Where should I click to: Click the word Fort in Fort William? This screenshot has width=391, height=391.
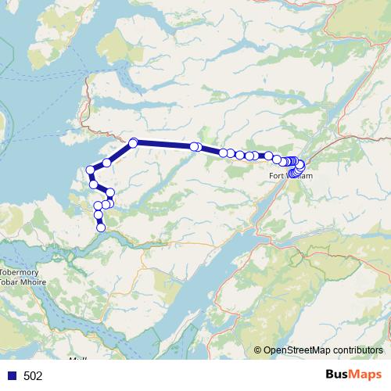[278, 176]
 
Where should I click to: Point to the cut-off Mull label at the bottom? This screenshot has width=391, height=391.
[77, 360]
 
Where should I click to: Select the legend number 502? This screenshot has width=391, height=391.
[33, 375]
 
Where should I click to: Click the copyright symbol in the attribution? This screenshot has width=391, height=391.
[258, 350]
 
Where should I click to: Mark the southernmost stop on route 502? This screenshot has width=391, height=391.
[101, 228]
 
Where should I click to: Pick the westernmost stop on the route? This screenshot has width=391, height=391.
[91, 170]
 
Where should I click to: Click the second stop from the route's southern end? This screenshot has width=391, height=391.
[99, 214]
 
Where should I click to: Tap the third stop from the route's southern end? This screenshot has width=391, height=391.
[98, 206]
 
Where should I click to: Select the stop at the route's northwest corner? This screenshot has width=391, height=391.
[134, 142]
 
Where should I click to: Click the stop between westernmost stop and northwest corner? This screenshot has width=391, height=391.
[107, 163]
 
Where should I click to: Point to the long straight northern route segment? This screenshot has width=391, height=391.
[164, 144]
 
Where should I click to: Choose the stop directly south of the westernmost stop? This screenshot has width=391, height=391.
[93, 184]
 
